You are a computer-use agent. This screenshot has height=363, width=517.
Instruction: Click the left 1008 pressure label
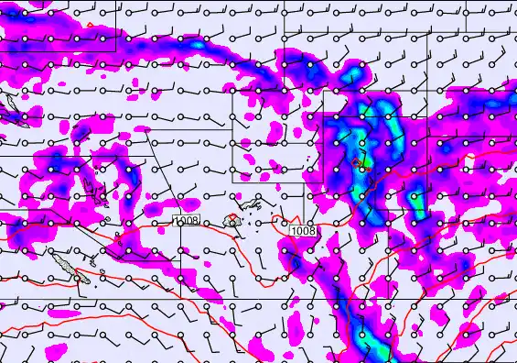187,220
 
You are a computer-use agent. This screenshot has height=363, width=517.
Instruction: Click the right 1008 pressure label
304,231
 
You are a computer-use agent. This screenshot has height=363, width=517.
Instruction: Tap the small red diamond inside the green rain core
357,163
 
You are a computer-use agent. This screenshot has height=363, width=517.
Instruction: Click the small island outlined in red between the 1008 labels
233,220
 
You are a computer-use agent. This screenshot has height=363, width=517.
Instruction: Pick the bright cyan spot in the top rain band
196,44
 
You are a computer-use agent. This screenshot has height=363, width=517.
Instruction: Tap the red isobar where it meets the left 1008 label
173,222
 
